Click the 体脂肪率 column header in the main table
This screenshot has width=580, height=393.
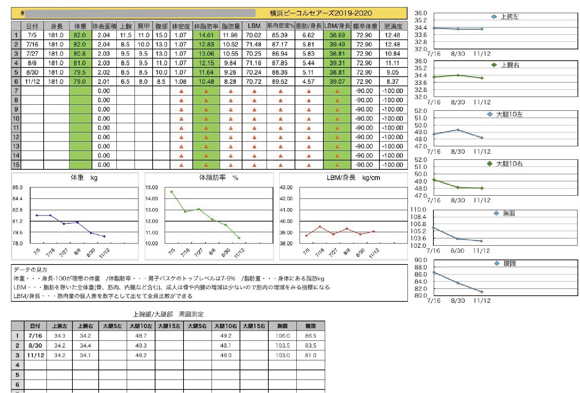pos(206,26)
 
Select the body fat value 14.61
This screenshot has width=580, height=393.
pos(206,35)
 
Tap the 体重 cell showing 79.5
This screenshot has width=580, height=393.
pos(80,72)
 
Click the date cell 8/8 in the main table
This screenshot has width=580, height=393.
pos(32,63)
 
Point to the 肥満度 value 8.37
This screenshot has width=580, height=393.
pos(393,81)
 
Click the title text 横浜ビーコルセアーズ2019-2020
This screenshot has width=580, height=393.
pos(321,13)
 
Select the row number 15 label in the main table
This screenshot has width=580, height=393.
pos(16,165)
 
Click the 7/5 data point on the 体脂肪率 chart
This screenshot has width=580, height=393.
pos(172,192)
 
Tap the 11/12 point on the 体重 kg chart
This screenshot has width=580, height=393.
pos(104,236)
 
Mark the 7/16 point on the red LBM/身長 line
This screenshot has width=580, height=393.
pos(320,226)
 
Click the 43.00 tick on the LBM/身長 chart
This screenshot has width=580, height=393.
pos(286,187)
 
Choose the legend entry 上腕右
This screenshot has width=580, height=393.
pos(510,65)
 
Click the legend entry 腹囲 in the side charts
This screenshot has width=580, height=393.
pos(509,263)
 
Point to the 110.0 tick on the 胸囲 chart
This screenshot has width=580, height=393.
pos(418,209)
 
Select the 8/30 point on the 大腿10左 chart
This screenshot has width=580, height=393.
pos(458,130)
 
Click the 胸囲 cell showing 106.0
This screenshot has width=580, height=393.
pos(282,336)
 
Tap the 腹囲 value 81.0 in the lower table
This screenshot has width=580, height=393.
pos(310,355)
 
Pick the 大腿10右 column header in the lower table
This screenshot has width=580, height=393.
pos(225,326)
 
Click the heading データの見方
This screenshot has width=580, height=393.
pos(31,270)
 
